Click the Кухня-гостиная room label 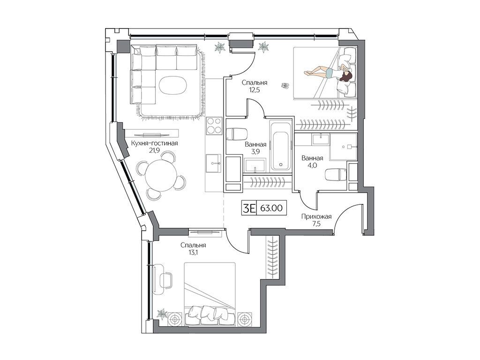[155, 143]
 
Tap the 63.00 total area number [271, 209]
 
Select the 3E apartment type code [249, 209]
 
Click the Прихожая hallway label [316, 217]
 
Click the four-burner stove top [214, 126]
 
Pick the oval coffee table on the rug [172, 85]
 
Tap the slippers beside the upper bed [285, 86]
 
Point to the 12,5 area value [255, 90]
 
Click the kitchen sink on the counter [214, 164]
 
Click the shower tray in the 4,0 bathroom [344, 146]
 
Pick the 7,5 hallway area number [316, 224]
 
